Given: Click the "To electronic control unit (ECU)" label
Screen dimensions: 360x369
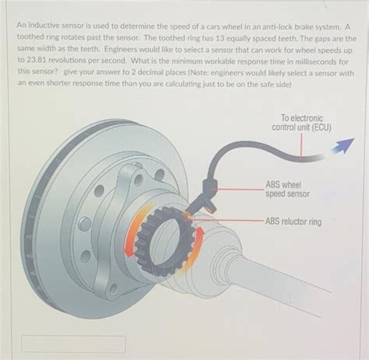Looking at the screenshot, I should coord(299,121).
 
